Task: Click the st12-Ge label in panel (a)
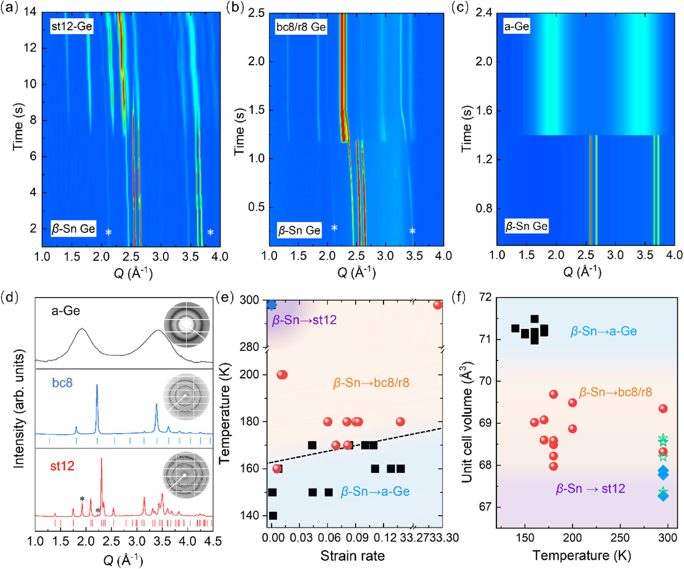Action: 71,26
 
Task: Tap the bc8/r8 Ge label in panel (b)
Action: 301,27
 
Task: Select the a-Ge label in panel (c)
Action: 516,26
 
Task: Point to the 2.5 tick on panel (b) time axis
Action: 256,13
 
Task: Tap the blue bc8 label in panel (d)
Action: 62,382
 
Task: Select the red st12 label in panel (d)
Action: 62,466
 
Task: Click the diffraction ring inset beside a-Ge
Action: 187,325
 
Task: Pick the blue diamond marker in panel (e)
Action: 272,305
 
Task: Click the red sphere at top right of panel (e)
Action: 438,305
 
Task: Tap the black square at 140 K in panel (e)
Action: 273,515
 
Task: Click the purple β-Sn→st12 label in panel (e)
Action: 304,320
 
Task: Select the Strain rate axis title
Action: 352,556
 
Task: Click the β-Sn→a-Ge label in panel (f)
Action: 603,331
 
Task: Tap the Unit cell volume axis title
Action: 467,422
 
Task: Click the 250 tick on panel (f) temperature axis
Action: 620,538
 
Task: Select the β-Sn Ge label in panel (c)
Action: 526,226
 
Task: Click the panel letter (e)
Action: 225,297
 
